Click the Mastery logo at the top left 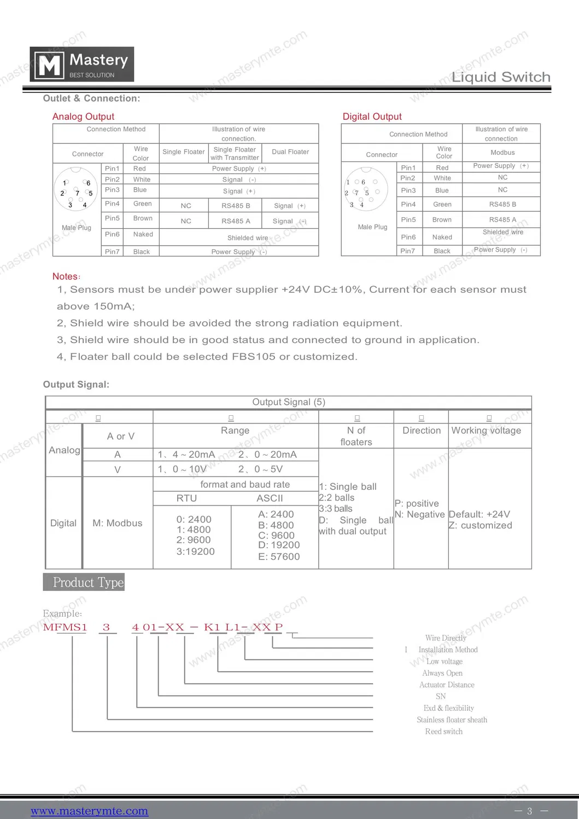[81, 65]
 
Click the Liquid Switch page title [501, 77]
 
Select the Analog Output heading [83, 117]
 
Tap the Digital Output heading [372, 117]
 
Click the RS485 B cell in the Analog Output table [236, 206]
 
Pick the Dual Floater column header [290, 152]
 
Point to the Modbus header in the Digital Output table [502, 153]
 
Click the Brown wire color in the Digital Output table [442, 220]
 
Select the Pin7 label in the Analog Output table [112, 252]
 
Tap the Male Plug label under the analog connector [77, 228]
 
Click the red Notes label [66, 276]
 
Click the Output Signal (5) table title [289, 402]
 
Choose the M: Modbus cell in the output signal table [118, 523]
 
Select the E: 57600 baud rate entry [279, 556]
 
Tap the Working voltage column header [486, 431]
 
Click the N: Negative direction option [419, 514]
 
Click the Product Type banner [84, 582]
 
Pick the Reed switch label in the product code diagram [443, 731]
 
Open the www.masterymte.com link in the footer [89, 811]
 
